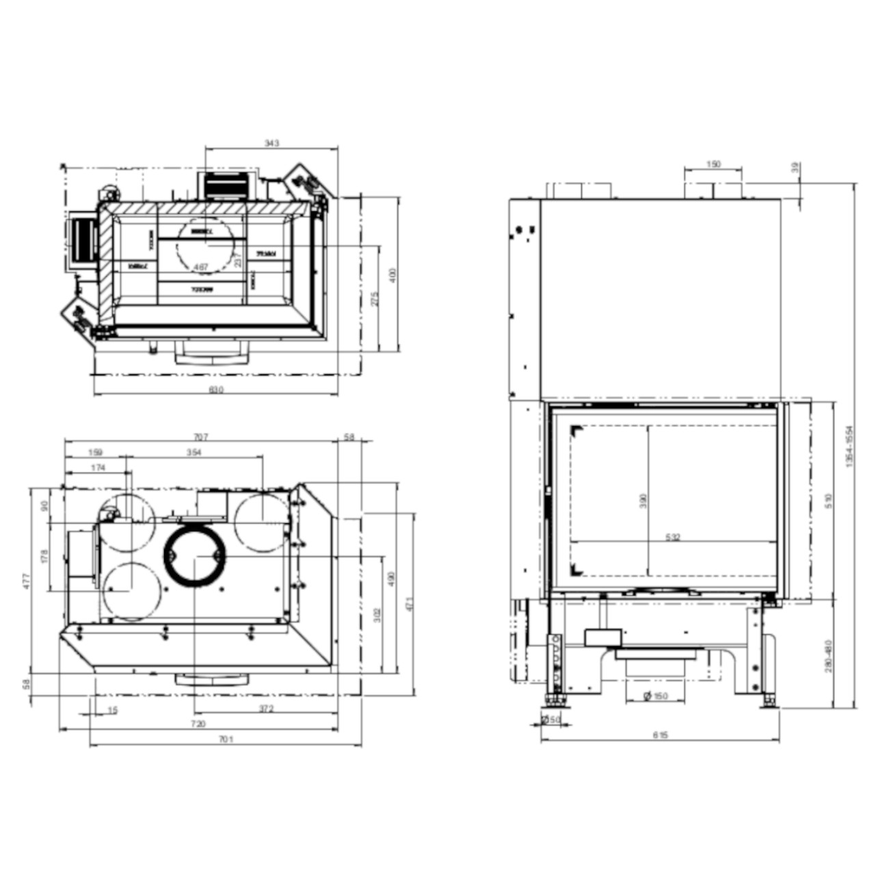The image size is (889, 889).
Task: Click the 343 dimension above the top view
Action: point(271,144)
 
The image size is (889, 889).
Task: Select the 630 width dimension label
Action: point(216,390)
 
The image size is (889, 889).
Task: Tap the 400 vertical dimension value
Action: point(392,275)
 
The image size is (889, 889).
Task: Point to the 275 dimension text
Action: point(374,300)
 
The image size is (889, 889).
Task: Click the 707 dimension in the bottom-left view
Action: point(200,437)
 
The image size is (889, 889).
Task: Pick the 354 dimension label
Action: point(194,453)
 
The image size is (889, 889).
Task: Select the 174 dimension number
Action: point(98,468)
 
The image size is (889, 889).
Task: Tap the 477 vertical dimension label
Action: point(27,581)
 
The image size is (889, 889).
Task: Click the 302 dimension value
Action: point(377,615)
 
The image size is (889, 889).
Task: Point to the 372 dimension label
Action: point(267,709)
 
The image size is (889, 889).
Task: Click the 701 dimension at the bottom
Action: point(226,739)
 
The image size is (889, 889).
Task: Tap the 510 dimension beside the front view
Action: point(829,501)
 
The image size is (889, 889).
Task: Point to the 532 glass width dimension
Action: point(673,538)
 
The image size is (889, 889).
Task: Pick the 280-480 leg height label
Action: point(829,655)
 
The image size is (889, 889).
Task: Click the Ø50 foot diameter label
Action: point(551,719)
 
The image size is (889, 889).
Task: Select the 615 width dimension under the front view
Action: point(660,735)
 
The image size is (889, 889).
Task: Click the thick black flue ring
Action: point(195,556)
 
